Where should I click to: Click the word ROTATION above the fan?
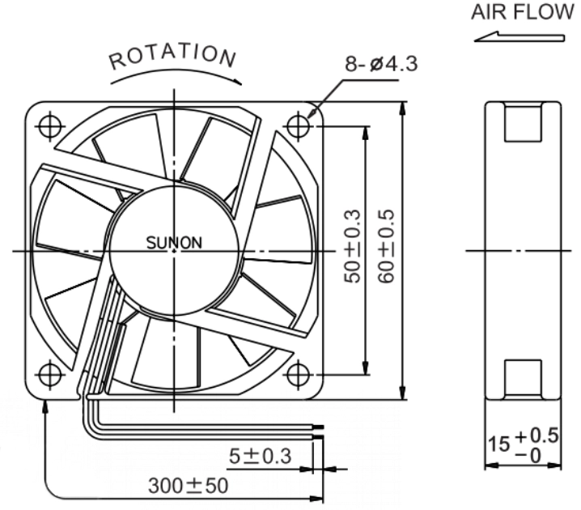pyautogui.click(x=172, y=57)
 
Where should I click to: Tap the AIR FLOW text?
pyautogui.click(x=522, y=12)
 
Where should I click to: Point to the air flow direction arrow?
pyautogui.click(x=520, y=36)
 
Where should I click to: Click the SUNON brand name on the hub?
pyautogui.click(x=174, y=243)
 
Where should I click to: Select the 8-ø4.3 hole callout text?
pyautogui.click(x=381, y=64)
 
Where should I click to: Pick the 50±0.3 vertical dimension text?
pyautogui.click(x=352, y=246)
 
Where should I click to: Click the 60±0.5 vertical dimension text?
pyautogui.click(x=386, y=246)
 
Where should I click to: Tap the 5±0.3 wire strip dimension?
pyautogui.click(x=260, y=456)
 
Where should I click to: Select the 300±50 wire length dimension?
pyautogui.click(x=188, y=486)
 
